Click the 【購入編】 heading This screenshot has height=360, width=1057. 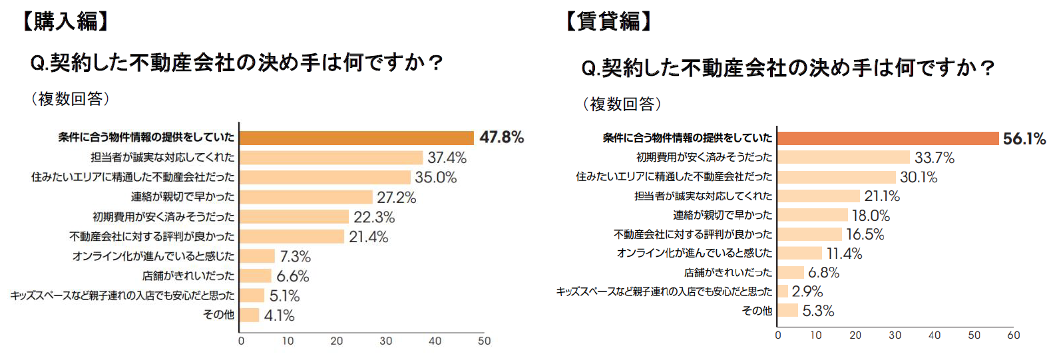click(65, 21)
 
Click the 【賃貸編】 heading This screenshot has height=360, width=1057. click(608, 21)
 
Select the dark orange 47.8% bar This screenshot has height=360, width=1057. click(356, 138)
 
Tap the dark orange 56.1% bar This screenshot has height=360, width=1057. click(887, 138)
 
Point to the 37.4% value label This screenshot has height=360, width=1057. click(447, 158)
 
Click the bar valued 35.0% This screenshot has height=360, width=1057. click(325, 178)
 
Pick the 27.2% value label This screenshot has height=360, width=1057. click(396, 198)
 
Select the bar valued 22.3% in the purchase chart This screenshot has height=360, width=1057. click(294, 217)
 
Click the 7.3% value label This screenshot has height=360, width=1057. click(295, 257)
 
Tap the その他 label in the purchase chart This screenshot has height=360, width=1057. click(218, 315)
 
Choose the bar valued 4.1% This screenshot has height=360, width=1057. click(249, 315)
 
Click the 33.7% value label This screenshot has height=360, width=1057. click(934, 158)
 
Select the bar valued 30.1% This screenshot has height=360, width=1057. click(836, 177)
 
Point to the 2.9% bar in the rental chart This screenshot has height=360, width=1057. click(783, 291)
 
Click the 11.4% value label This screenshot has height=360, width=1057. click(844, 254)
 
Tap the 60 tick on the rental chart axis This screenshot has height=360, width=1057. click(1013, 335)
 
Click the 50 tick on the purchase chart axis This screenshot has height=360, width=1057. click(484, 341)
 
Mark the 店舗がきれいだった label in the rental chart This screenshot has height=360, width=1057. click(728, 273)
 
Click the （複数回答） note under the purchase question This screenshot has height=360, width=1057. click(70, 99)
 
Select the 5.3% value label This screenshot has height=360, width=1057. click(818, 311)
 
